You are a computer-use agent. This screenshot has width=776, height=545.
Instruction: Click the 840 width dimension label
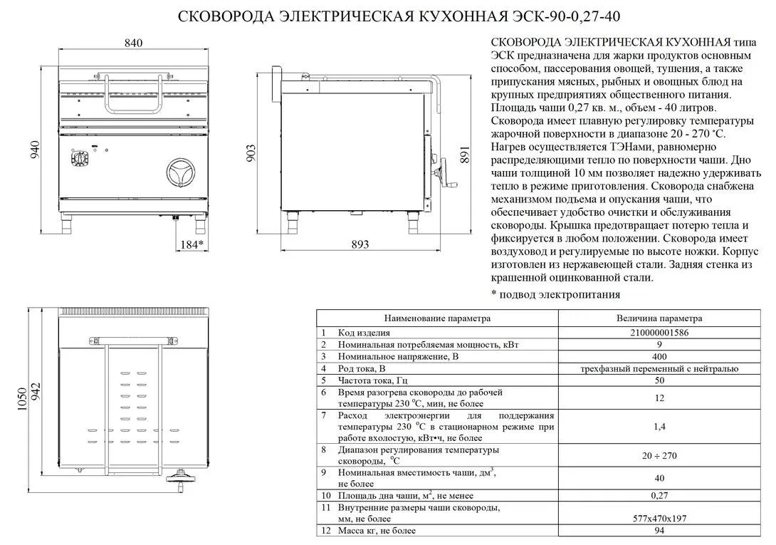click(x=133, y=43)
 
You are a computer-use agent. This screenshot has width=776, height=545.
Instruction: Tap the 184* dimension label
click(x=191, y=244)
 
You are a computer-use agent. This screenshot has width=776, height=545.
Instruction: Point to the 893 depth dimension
click(x=360, y=244)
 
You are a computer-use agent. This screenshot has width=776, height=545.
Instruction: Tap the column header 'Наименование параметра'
click(x=437, y=318)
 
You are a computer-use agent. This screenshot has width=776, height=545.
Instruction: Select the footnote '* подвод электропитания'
click(x=555, y=294)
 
